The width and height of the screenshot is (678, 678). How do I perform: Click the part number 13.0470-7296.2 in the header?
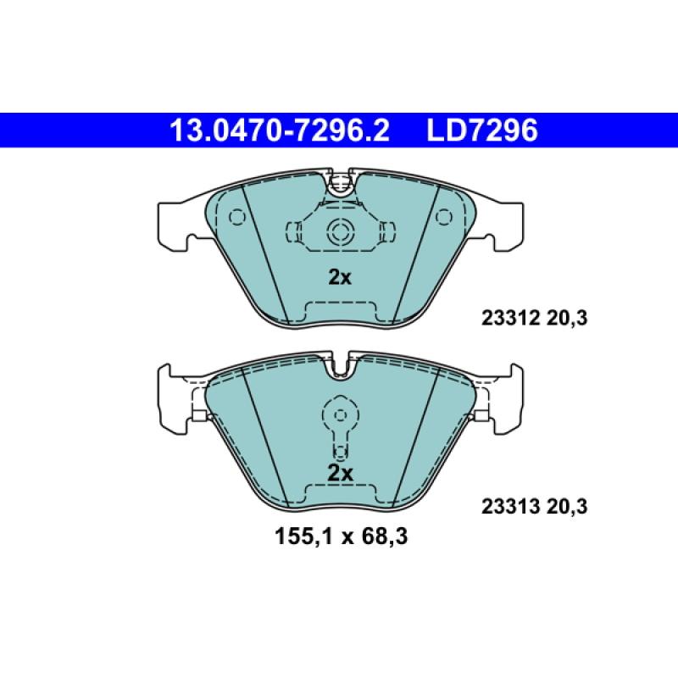coord(280,131)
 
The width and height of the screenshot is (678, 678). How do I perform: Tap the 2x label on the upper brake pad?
coord(339,277)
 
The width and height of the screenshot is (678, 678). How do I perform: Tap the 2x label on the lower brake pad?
coord(339,473)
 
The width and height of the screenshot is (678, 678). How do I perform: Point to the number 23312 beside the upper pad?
coord(499,320)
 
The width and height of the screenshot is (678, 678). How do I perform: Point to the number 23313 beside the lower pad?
coord(499,507)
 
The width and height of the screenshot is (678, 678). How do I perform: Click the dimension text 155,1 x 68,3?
coord(339,536)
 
